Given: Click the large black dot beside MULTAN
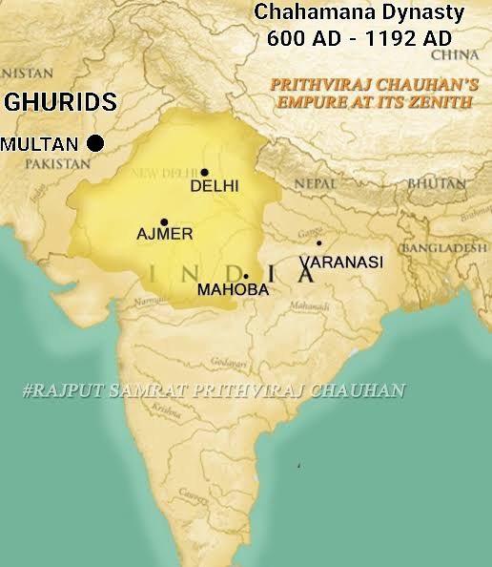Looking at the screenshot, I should pos(94,143).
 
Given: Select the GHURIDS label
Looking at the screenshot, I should pos(61,102).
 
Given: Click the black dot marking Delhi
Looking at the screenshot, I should pos(204,173).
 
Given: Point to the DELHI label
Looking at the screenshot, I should pos(215,186).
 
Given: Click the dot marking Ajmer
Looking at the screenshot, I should pos(164,221).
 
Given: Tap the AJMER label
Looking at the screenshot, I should pos(165,234).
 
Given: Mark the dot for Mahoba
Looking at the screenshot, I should pos(246,276).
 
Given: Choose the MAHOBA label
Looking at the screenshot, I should pos(233,289).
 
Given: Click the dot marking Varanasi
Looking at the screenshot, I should pos(318,243).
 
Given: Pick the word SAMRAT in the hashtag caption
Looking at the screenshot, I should pos(156,389).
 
